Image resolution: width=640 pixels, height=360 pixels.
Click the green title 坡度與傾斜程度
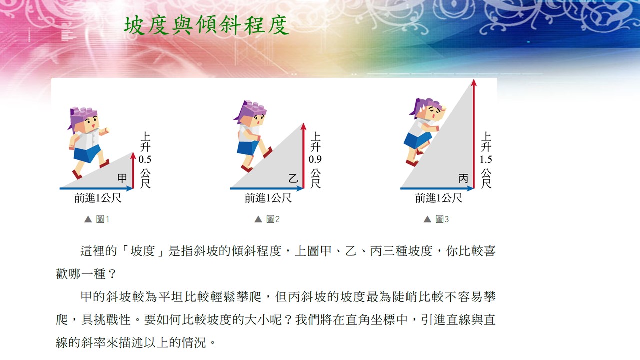(x=206, y=26)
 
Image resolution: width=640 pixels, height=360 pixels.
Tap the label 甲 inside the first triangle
(x=122, y=179)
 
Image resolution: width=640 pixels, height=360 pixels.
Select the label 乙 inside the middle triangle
(x=293, y=179)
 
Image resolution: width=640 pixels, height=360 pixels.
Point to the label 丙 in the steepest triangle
(x=463, y=179)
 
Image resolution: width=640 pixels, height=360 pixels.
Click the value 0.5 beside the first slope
(x=145, y=159)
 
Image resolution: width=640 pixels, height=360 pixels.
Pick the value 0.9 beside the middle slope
(x=315, y=159)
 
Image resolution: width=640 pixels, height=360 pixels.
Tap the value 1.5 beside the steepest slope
(x=486, y=159)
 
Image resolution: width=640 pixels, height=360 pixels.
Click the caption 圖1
(x=103, y=219)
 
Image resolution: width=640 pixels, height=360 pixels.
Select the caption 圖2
(x=273, y=219)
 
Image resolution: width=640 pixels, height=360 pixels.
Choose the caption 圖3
(x=442, y=219)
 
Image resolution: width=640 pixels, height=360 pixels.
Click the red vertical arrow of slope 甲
(x=133, y=170)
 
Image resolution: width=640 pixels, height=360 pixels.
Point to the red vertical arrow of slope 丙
(x=474, y=134)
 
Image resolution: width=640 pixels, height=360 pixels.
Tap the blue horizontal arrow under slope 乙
(x=267, y=188)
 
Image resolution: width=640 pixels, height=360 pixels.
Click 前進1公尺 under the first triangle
(x=98, y=198)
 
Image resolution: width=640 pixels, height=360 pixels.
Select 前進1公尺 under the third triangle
(x=438, y=198)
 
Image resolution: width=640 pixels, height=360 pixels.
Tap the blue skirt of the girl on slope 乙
(x=248, y=148)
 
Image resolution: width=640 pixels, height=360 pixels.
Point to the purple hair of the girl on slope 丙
(x=423, y=106)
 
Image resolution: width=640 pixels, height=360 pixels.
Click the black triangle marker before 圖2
(x=258, y=219)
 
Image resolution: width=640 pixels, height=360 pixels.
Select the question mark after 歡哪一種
(x=112, y=274)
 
